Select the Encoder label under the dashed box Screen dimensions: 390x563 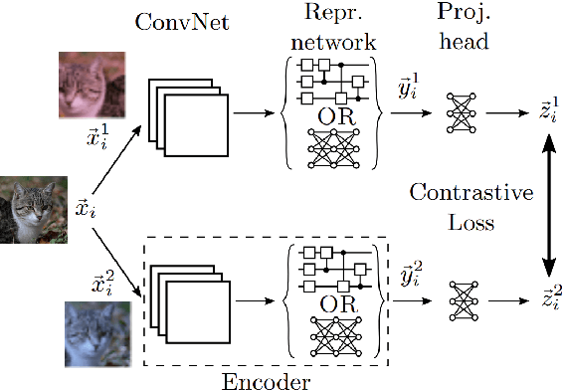[x=266, y=379]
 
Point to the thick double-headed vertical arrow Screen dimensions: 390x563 [x=546, y=208]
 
